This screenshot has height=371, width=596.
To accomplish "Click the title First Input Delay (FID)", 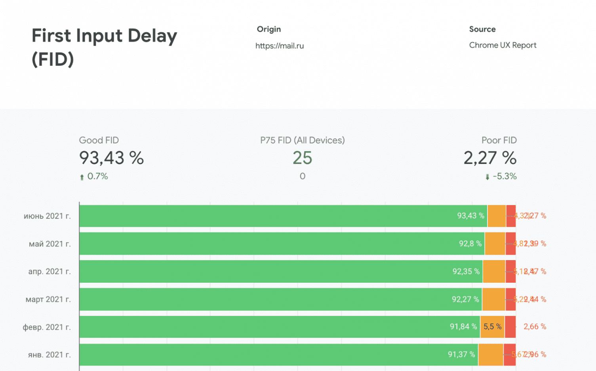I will point(104,47).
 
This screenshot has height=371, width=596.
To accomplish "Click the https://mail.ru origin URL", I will point(280,46).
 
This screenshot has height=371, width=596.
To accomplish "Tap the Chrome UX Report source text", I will point(503,45).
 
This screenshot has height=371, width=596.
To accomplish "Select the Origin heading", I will point(269,29).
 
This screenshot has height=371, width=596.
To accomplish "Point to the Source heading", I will point(482,29).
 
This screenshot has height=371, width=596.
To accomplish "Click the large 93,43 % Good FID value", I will point(111,158).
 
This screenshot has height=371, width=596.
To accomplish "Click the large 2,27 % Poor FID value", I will point(490,158).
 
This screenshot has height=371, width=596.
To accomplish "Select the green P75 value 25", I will point(302,158).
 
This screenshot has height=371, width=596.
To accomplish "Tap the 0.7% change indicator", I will point(97,176).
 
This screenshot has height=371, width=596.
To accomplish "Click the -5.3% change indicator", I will point(504,176).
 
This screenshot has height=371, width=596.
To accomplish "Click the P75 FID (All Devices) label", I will point(302,140).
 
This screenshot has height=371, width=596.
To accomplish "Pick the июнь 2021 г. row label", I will point(47,216).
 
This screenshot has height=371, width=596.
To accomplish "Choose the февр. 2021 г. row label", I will point(47,327).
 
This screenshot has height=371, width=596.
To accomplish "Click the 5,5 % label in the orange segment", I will point(492,327).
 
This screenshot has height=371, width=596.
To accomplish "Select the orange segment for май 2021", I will point(495,244).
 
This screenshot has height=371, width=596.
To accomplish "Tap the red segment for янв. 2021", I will point(509,354).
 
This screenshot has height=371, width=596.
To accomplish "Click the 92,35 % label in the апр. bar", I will point(466,271).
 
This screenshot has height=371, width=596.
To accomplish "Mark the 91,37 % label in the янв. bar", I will point(461,354).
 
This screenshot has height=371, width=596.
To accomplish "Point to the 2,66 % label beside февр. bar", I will point(535,327).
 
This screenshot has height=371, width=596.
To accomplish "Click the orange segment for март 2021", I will point(493,299).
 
